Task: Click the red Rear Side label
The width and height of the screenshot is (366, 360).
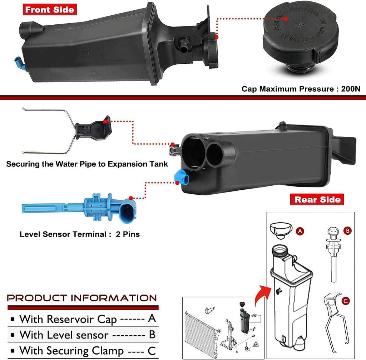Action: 317,199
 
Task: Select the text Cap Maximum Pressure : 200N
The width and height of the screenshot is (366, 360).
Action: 301,89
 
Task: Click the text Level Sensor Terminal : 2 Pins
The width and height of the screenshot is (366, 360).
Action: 79,235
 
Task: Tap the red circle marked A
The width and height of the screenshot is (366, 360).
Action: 300,232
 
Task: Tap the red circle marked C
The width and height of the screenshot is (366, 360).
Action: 345,302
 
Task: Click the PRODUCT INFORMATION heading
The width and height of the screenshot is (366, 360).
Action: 82,298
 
